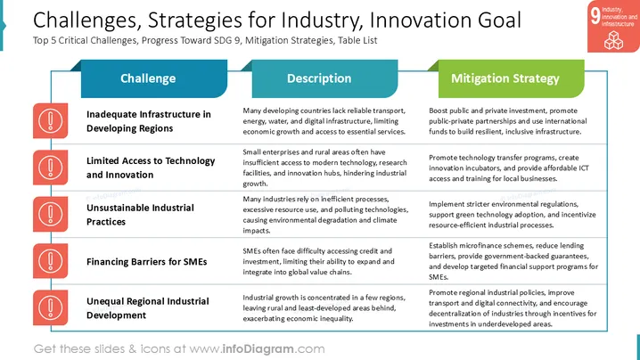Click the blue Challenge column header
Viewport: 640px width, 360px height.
154,78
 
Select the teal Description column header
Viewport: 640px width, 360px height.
324,78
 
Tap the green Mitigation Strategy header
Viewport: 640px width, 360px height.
511,78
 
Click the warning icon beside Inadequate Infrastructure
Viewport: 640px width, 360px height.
51,121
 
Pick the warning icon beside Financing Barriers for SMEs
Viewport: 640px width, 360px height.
51,261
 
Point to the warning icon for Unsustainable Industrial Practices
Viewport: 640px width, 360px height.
51,214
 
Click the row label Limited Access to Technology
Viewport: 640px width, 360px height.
151,168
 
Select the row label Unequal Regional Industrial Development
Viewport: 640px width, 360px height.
148,308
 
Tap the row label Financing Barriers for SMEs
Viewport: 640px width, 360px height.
146,262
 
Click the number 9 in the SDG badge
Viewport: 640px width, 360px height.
595,16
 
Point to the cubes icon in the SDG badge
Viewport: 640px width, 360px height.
613,40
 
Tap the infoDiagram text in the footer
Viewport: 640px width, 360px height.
258,349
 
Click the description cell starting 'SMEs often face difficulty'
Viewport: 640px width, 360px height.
318,262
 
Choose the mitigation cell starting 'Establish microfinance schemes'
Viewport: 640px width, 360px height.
513,261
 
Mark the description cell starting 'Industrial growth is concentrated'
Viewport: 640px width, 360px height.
324,308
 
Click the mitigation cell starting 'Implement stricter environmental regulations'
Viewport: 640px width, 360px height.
513,215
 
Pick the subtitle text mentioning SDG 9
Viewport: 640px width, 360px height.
205,40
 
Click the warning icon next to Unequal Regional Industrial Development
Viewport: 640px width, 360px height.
51,307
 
